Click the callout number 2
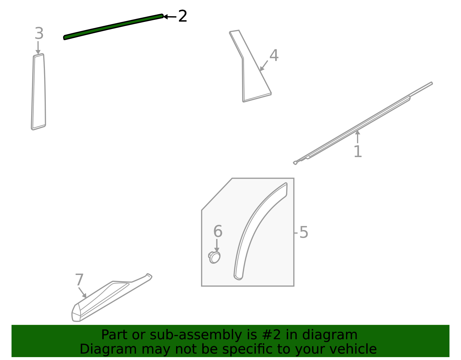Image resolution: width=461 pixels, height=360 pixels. (182, 16)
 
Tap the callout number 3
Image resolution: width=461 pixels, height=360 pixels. (39, 33)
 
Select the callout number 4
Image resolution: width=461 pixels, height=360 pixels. (274, 55)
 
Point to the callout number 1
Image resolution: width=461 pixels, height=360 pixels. (358, 152)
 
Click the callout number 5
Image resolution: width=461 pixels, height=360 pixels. (304, 232)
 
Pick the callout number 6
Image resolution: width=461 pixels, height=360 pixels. (218, 231)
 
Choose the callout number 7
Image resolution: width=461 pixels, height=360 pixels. (79, 280)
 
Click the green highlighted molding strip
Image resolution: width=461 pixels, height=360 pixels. (114, 27)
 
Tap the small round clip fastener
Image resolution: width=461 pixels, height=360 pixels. (214, 258)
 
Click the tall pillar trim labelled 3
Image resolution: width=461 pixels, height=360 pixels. (39, 92)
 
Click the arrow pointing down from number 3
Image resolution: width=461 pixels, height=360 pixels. (38, 48)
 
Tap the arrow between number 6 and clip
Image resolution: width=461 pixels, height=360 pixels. (217, 246)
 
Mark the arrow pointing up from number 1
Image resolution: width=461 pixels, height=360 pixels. (358, 137)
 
